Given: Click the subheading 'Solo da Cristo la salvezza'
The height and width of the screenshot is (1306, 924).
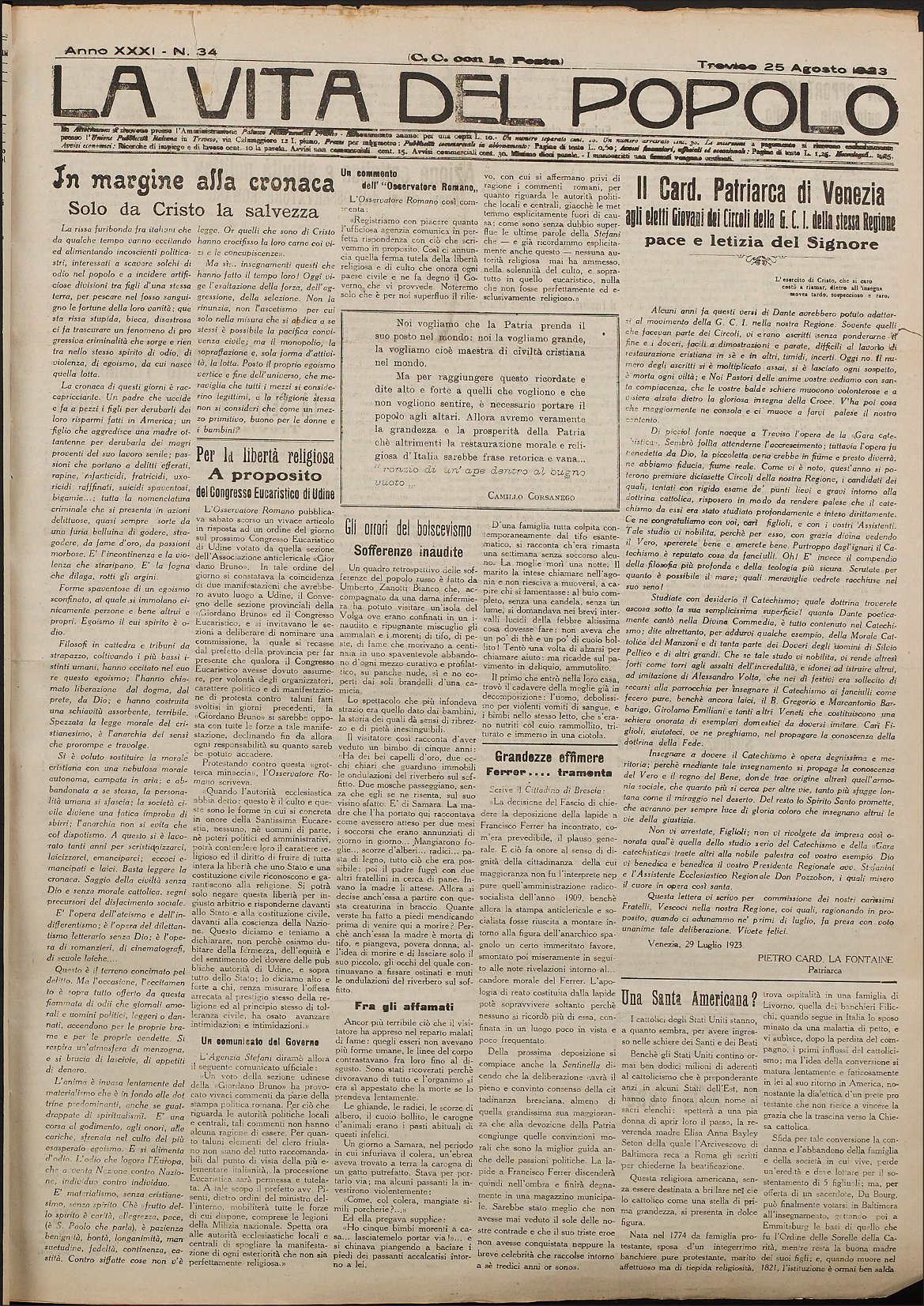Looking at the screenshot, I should [187, 211].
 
